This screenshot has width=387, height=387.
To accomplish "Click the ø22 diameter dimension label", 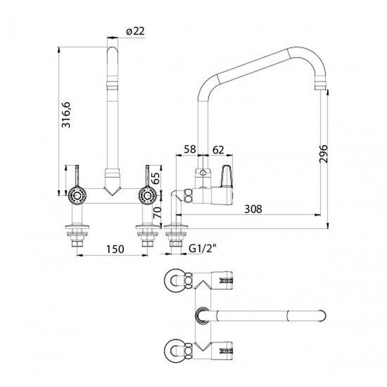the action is pos(135,32).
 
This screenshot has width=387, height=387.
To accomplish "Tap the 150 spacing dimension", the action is pos(115,249).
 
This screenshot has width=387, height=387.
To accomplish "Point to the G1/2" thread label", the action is pos(202,248).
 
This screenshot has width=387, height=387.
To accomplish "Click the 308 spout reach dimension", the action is pos(253,209).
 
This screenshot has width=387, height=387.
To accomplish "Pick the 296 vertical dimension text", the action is pos(323,154).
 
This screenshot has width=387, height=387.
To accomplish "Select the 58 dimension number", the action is pos(190,149).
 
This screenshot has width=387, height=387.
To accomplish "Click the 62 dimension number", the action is pos(218,150).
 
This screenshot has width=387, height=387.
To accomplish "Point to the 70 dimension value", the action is pos(157,213).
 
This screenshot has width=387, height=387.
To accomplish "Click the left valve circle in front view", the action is pos(77,195).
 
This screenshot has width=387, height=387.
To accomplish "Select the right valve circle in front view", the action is pos(147,195).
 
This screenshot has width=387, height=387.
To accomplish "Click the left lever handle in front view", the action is pos(77,176).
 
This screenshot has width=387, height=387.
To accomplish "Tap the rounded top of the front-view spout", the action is pos(112,49).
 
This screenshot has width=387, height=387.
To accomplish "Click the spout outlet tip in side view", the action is pos(320,86).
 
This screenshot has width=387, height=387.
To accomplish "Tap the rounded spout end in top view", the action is pos(322,315).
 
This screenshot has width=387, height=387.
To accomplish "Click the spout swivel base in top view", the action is pos(202,315).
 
